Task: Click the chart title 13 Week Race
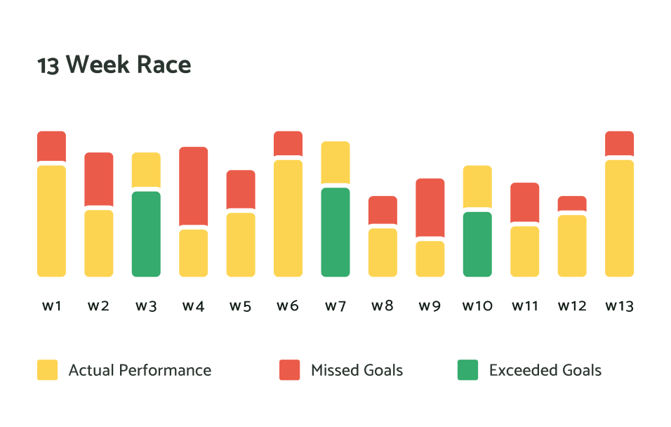(114, 65)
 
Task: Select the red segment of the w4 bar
(193, 186)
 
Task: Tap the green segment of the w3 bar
(146, 234)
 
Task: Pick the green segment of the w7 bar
(335, 232)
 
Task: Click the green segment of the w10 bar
(477, 244)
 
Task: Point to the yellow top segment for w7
(335, 162)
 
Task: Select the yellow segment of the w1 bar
(51, 221)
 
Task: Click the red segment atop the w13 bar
(619, 143)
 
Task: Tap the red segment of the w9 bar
(430, 207)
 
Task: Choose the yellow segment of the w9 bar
(430, 258)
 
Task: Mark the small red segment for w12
(572, 203)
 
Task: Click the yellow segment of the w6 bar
(288, 218)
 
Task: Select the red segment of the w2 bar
(99, 179)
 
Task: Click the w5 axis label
(241, 306)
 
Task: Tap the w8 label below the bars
(383, 306)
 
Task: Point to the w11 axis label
(524, 306)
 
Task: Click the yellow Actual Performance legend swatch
(47, 370)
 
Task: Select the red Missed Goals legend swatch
(289, 370)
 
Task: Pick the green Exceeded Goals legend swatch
(467, 370)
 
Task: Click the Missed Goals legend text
(357, 370)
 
